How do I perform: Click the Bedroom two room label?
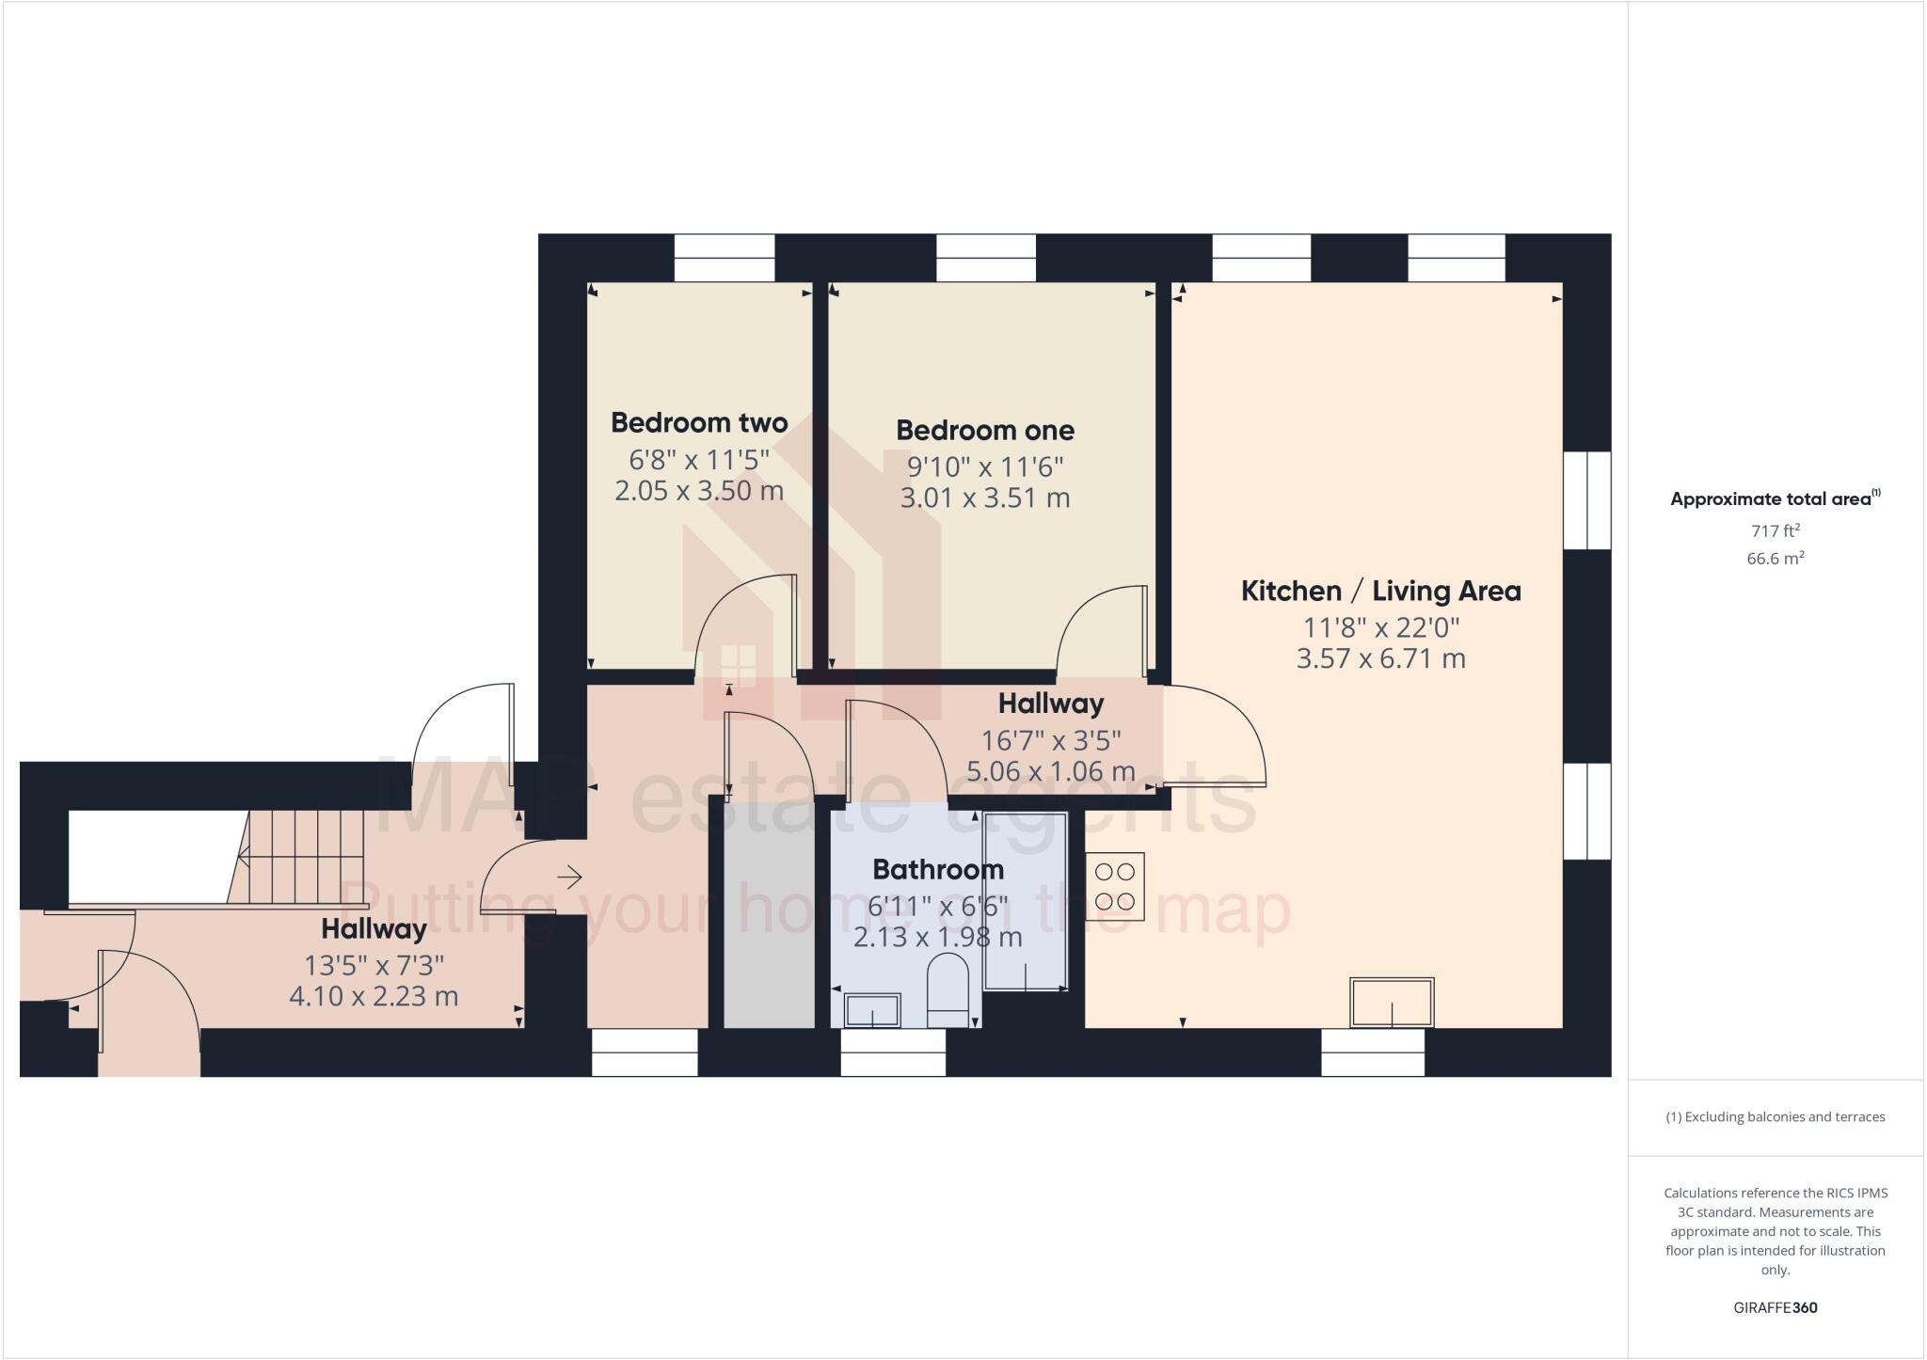tap(699, 422)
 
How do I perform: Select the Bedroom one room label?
tap(984, 430)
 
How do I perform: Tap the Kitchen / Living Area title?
tap(1380, 591)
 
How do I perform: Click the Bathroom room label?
tap(938, 869)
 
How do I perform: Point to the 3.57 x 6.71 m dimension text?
tap(1380, 658)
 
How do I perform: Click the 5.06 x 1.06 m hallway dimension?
tap(1051, 771)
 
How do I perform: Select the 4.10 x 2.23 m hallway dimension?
tap(374, 996)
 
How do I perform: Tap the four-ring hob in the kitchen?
tap(1115, 886)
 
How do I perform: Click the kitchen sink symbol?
tap(1392, 1003)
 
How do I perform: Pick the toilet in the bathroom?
tap(948, 991)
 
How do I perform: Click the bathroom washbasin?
tap(872, 1010)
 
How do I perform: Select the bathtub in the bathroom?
tap(1025, 901)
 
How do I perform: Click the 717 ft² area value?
tap(1775, 530)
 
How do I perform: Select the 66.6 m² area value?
tap(1775, 559)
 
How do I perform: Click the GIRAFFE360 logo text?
tap(1775, 1307)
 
